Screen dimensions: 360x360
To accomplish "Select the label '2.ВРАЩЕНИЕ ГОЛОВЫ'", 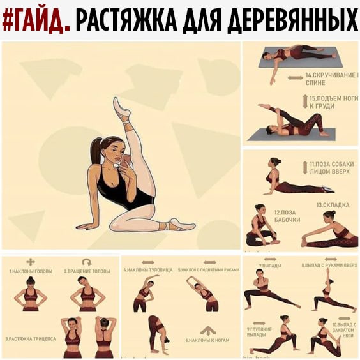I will click(x=87, y=271).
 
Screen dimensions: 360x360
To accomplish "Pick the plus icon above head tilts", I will click(x=30, y=262).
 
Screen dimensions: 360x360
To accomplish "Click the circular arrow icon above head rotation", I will click(x=87, y=262).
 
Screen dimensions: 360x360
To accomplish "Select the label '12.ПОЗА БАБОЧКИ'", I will click(x=287, y=216).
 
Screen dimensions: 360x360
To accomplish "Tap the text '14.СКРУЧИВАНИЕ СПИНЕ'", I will click(x=324, y=79).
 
